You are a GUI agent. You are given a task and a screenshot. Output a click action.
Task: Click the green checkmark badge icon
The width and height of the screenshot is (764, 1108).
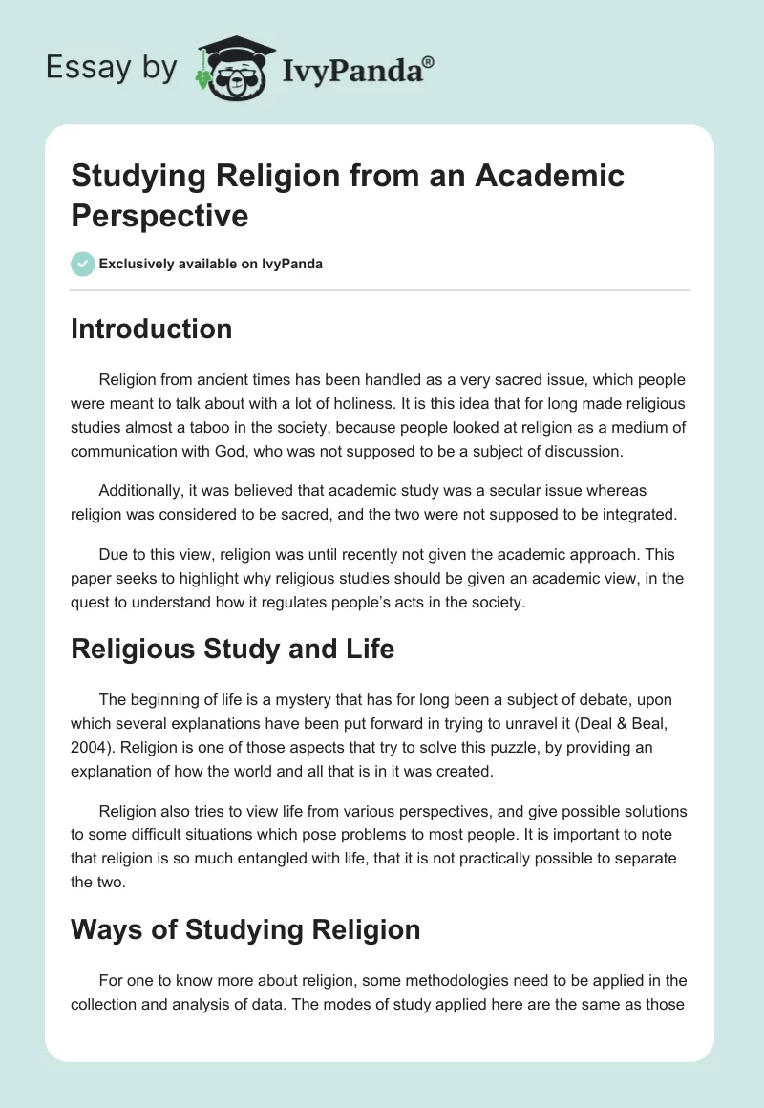click(83, 264)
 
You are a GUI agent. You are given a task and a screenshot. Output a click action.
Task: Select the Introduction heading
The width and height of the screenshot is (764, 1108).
click(151, 329)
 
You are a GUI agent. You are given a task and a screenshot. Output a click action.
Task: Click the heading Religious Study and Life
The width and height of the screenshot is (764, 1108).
click(232, 649)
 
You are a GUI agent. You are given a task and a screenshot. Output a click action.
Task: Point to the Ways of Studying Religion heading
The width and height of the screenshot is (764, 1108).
click(245, 929)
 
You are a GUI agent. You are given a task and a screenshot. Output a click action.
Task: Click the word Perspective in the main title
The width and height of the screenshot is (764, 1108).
click(159, 215)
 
